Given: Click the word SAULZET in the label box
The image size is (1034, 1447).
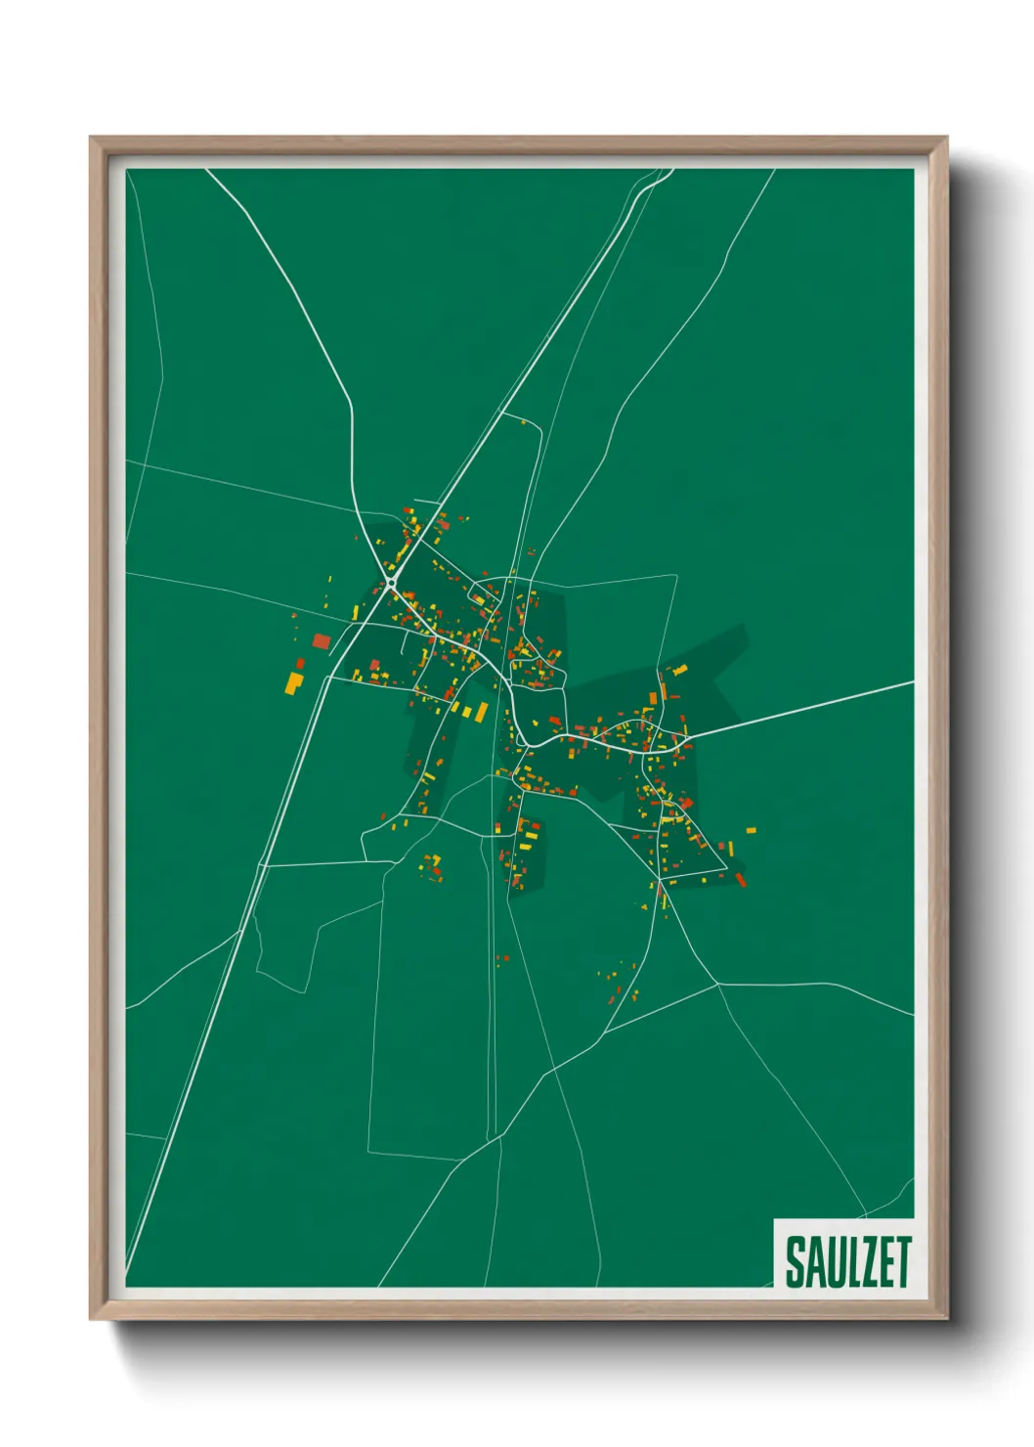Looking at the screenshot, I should (x=847, y=1261).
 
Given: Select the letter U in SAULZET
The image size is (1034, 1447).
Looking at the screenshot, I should (x=831, y=1262).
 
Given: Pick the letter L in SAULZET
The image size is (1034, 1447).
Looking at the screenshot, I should (x=849, y=1262).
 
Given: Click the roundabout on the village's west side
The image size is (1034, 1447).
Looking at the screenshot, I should (x=391, y=584).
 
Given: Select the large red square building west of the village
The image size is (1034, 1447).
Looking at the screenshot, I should (x=322, y=641).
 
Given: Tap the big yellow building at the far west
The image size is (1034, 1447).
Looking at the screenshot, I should (x=293, y=681).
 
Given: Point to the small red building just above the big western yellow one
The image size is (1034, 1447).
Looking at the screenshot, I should (x=301, y=664).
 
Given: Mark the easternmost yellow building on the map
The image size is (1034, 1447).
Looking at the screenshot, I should (x=751, y=830).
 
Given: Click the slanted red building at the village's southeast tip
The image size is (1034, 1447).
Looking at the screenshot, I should (x=740, y=879).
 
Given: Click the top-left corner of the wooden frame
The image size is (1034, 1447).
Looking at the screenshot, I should (x=92, y=139).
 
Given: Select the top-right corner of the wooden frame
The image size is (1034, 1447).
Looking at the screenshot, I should (x=945, y=139).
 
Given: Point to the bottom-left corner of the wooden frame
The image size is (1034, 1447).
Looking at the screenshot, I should (x=92, y=1317).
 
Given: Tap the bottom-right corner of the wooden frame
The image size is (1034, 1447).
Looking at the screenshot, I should (x=945, y=1317).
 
